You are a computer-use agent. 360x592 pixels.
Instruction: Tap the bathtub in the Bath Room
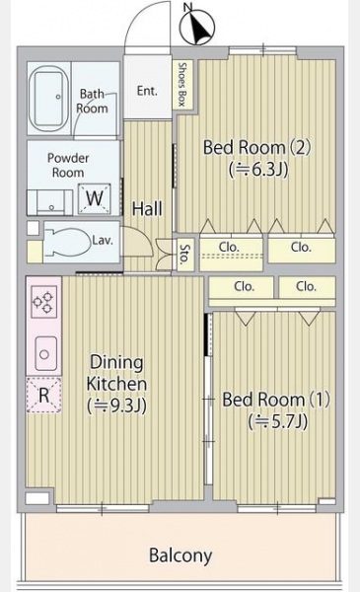click(49, 98)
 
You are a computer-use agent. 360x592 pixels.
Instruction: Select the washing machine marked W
click(95, 198)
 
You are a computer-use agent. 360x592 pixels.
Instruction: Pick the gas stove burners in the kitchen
click(43, 302)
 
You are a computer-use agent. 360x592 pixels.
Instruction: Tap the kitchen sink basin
click(45, 354)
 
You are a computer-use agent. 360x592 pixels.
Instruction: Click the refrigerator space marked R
click(43, 395)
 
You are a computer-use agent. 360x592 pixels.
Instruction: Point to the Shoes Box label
click(182, 85)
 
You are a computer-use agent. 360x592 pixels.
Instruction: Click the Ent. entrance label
click(147, 91)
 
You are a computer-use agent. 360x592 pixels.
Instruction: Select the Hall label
click(147, 208)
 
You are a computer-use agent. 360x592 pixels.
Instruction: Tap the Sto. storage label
click(184, 254)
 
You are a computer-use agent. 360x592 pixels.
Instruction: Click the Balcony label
click(180, 555)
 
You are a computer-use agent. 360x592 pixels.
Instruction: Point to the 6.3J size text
click(258, 169)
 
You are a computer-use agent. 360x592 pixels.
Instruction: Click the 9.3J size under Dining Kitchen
click(117, 406)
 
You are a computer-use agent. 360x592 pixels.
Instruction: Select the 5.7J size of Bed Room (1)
click(278, 421)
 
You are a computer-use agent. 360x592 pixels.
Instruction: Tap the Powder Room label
click(68, 165)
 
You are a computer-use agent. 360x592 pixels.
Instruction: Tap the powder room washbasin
click(49, 202)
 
